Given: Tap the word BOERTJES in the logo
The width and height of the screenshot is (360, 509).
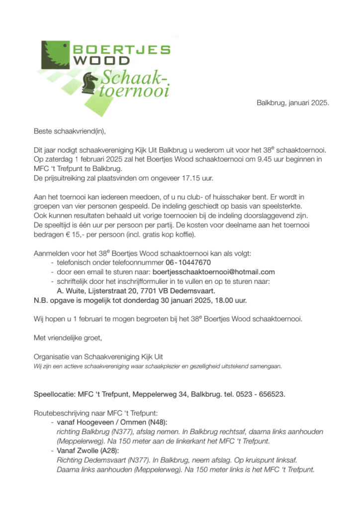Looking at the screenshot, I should [121, 49].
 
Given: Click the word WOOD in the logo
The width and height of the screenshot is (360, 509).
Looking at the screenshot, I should [101, 61].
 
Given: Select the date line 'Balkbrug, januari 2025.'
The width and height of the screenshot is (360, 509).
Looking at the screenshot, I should [293, 103].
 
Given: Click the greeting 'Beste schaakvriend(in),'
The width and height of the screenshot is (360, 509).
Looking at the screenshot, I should [70, 132].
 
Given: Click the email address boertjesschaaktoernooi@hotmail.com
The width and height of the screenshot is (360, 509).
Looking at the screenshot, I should [213, 272].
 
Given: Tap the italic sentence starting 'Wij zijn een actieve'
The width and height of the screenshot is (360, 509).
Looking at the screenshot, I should [158, 366].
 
